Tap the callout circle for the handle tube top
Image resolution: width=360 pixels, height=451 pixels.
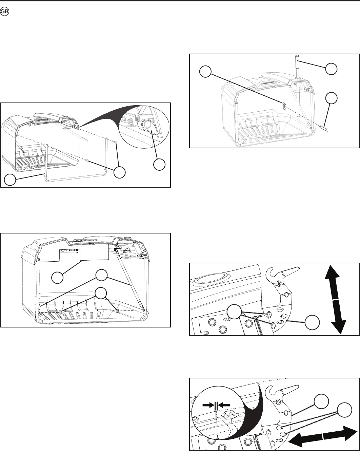(x=332, y=69)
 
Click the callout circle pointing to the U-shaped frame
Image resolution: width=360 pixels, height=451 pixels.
(x=11, y=180)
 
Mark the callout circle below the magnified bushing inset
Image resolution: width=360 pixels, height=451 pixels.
(x=159, y=165)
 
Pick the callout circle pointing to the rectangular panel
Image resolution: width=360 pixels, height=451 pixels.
(x=57, y=278)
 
